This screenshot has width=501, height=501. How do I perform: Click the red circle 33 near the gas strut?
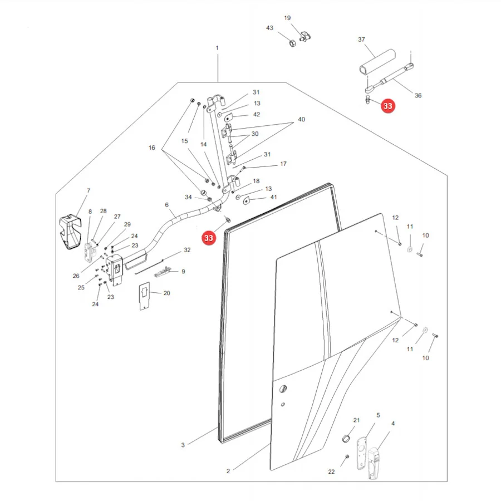(x=387, y=106)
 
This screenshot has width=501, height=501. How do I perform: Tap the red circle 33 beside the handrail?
(x=209, y=238)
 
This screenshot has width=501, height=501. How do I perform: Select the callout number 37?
(x=361, y=40)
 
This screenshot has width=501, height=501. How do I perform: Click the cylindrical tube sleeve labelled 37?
(x=377, y=62)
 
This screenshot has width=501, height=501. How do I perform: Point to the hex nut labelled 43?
(x=292, y=42)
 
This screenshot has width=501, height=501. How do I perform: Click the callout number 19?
(x=287, y=18)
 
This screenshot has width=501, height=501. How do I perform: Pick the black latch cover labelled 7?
(x=70, y=232)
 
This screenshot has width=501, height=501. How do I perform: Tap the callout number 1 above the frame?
(x=217, y=48)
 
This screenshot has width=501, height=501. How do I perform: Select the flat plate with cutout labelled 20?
(x=144, y=296)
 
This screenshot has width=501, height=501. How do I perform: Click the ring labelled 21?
(x=346, y=439)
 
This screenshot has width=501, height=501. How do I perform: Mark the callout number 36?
(x=418, y=95)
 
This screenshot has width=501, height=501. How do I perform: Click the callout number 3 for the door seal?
(x=183, y=445)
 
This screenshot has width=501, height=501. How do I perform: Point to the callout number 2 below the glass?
(x=228, y=471)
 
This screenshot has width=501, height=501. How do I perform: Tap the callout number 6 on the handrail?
(x=166, y=205)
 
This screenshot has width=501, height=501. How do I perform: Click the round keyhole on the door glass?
(x=283, y=389)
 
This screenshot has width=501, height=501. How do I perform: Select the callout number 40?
(x=301, y=119)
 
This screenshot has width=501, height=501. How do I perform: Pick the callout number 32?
(x=187, y=250)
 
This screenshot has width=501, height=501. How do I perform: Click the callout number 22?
(x=331, y=471)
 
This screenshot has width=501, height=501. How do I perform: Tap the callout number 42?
(x=256, y=114)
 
